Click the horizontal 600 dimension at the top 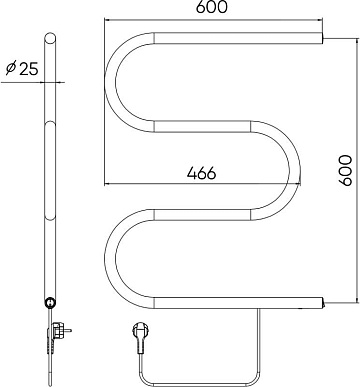(211, 7)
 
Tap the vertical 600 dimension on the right (345, 170)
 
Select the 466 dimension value (202, 173)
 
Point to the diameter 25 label (22, 68)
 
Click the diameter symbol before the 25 (11, 68)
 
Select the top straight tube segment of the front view (239, 38)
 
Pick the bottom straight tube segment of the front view (239, 302)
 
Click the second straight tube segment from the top (202, 126)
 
